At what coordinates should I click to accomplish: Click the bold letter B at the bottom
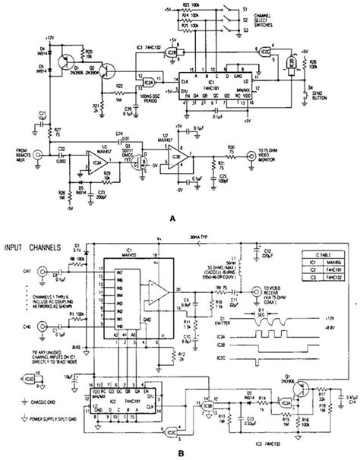pyautogui.click(x=178, y=449)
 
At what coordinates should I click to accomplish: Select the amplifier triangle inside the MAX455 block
pyautogui.click(x=156, y=292)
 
